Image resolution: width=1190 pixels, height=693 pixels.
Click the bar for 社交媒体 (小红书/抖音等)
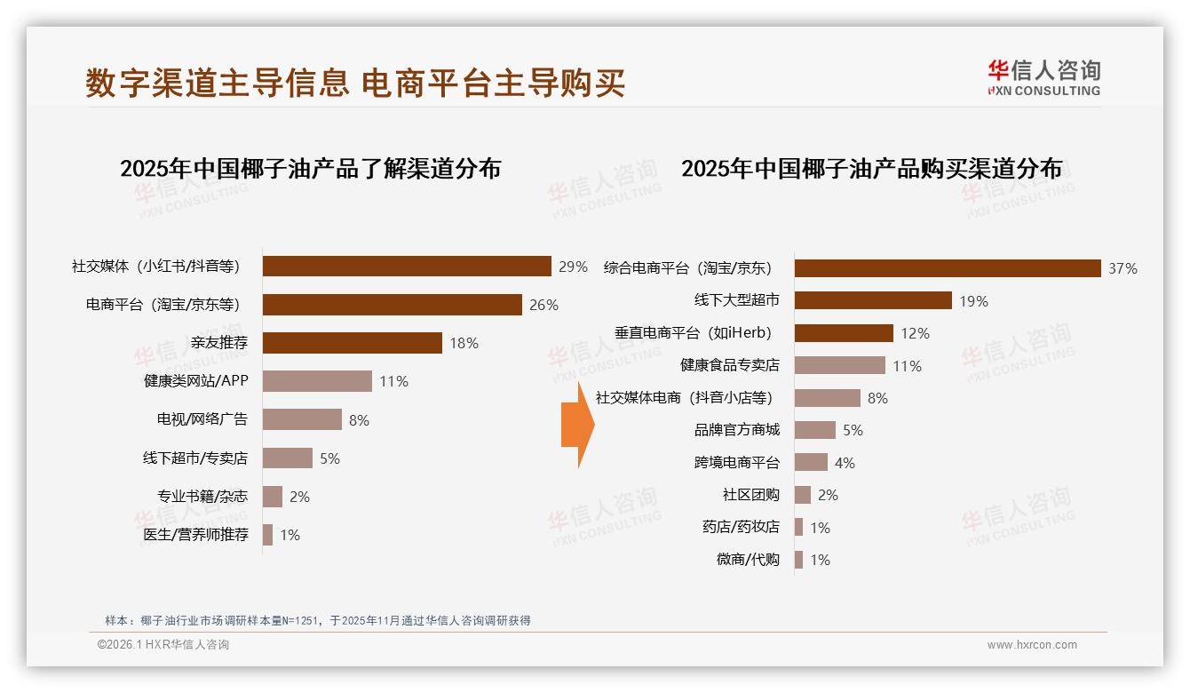pyautogui.click(x=407, y=267)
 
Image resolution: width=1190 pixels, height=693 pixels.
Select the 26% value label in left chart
pyautogui.click(x=543, y=305)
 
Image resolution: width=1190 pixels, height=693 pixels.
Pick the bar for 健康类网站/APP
pyautogui.click(x=317, y=381)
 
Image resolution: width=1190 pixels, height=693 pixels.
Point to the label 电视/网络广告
pyautogui.click(x=202, y=419)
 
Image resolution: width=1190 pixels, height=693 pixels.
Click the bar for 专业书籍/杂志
pyautogui.click(x=272, y=497)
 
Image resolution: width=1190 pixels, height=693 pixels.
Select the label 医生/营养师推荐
pyautogui.click(x=196, y=535)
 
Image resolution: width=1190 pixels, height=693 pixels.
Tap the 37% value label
pyautogui.click(x=1123, y=268)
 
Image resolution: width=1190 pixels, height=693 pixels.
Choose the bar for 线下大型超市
pyautogui.click(x=873, y=300)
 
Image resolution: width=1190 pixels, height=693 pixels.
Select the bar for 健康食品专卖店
pyautogui.click(x=839, y=365)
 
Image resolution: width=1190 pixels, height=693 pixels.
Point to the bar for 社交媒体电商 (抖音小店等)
pyautogui.click(x=827, y=398)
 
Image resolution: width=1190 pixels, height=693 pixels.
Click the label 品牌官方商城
pyautogui.click(x=736, y=430)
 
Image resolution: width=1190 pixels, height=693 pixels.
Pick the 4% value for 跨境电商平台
pyautogui.click(x=845, y=463)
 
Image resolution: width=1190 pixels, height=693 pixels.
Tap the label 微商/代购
pyautogui.click(x=748, y=560)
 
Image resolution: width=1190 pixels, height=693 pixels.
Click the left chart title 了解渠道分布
pyautogui.click(x=310, y=168)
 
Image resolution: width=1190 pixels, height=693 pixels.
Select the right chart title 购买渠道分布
pyautogui.click(x=871, y=168)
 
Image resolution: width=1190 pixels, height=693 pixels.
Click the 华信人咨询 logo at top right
pyautogui.click(x=1043, y=77)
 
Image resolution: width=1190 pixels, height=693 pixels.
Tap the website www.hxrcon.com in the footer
pyautogui.click(x=1032, y=645)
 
